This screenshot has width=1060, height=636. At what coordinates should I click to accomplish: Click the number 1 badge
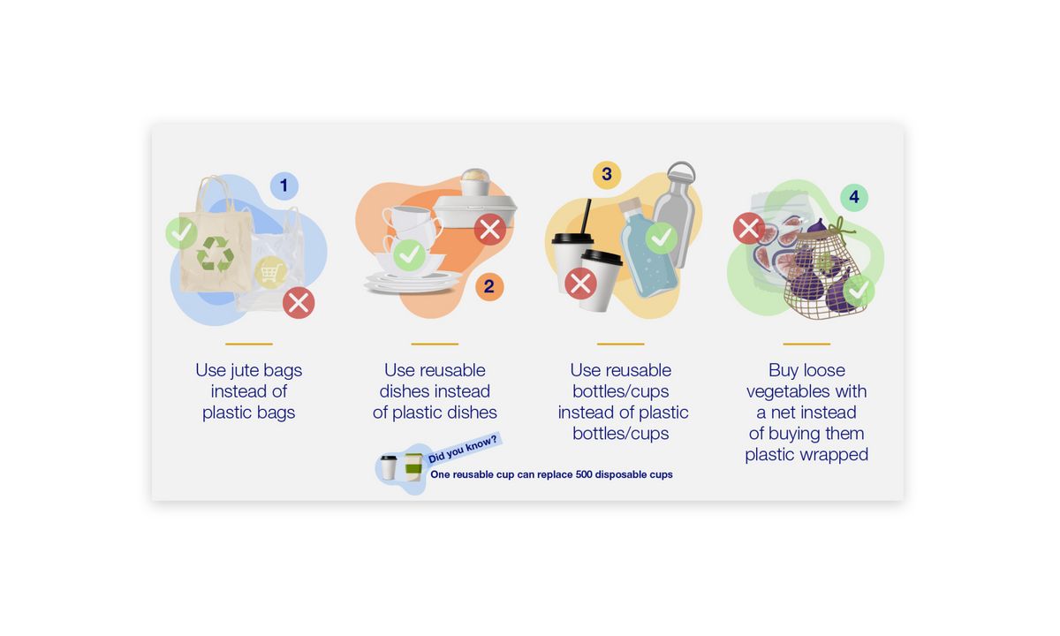[x=284, y=185]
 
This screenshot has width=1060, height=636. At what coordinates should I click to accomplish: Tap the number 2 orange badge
[x=488, y=286]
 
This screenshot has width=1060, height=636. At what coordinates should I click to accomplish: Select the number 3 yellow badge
[x=606, y=174]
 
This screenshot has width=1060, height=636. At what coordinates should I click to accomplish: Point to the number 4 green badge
[x=853, y=196]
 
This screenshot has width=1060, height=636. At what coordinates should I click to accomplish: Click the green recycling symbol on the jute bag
[x=216, y=254]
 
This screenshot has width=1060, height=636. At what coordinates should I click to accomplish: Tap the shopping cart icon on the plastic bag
[x=270, y=272]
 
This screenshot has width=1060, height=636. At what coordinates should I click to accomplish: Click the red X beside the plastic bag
[x=299, y=303]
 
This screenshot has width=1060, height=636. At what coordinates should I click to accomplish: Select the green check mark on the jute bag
[x=181, y=232]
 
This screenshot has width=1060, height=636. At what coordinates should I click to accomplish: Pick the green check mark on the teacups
[x=408, y=254]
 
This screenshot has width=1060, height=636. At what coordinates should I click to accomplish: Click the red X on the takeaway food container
[x=489, y=230]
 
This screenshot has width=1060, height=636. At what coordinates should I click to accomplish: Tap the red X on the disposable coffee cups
[x=580, y=284]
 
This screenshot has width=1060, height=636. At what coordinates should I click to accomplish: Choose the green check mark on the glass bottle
[x=661, y=237]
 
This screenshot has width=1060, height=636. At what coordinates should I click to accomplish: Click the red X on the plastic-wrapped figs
[x=749, y=228]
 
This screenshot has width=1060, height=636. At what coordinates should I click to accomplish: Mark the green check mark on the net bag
[x=858, y=291]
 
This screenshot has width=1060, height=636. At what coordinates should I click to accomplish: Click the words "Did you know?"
[x=463, y=449]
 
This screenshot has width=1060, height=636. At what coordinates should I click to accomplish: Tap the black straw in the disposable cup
[x=586, y=216]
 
